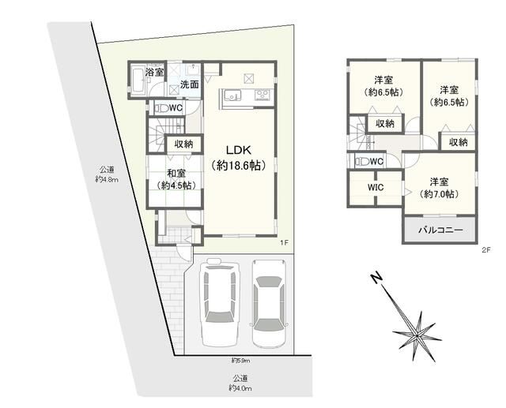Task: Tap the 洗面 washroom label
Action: click(189, 84)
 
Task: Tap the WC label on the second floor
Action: click(376, 162)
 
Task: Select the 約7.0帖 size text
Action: click(440, 194)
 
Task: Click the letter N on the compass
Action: click(377, 279)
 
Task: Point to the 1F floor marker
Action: click(283, 243)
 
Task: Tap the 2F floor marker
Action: click(486, 250)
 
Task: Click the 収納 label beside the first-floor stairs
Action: click(184, 144)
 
